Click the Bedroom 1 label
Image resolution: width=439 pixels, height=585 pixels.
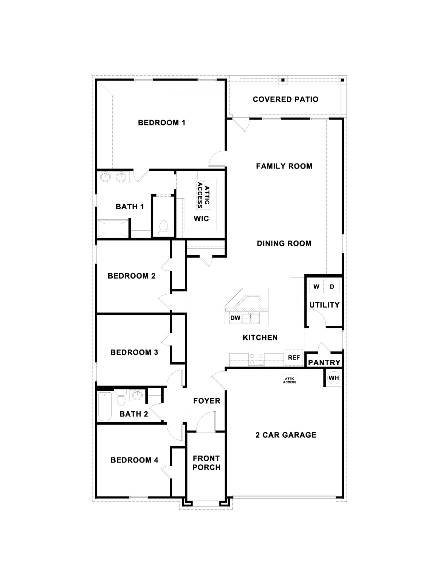(x=161, y=123)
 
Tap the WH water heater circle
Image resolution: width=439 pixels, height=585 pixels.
(x=333, y=378)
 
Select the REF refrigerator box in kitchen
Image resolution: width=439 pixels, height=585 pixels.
(x=294, y=358)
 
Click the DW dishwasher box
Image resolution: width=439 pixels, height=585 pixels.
(x=235, y=318)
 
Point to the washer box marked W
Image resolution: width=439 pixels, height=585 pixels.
(x=316, y=287)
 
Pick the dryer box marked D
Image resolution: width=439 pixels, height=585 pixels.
(x=332, y=287)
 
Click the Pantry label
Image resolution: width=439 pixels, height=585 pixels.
(x=324, y=362)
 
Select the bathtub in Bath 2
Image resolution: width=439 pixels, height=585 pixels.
(x=105, y=407)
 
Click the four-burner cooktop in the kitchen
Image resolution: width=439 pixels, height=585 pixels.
(x=256, y=359)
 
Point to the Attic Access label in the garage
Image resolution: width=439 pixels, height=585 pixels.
(x=290, y=380)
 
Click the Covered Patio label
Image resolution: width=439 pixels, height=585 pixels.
(x=285, y=99)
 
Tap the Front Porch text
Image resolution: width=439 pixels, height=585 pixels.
(x=206, y=463)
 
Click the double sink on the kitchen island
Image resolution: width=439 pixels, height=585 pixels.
(x=251, y=318)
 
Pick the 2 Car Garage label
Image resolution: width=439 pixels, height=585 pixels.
(x=286, y=435)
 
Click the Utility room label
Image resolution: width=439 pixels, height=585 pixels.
(x=324, y=305)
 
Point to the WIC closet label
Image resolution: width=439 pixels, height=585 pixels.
(x=201, y=219)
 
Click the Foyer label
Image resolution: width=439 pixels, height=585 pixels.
(x=207, y=401)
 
